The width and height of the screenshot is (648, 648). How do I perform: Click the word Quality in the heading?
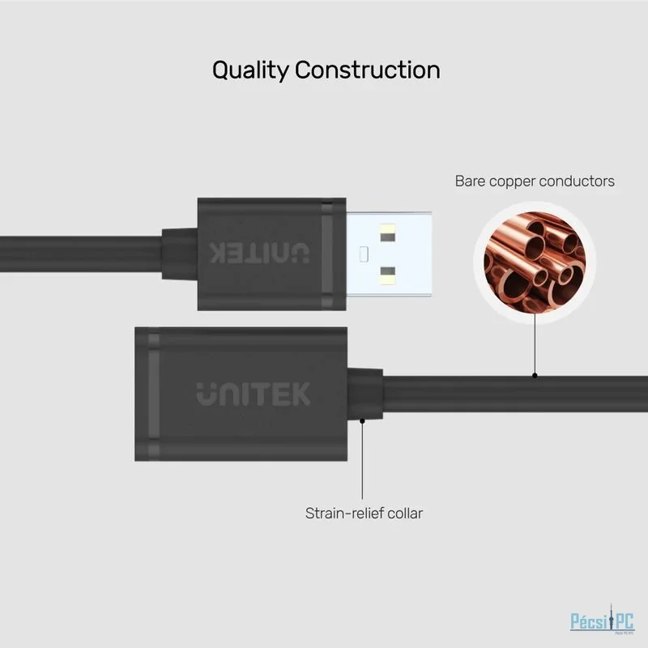click(x=250, y=70)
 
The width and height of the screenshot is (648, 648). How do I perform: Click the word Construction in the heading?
click(x=368, y=70)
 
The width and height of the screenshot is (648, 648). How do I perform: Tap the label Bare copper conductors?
click(x=535, y=181)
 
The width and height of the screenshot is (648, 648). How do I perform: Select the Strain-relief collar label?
click(x=364, y=514)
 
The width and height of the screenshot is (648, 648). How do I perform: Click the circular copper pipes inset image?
click(x=535, y=262)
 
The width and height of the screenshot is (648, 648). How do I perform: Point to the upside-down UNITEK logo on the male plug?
click(x=259, y=253)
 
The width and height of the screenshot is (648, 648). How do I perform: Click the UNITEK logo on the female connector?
click(x=254, y=394)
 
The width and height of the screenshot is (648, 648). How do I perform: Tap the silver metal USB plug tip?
click(x=389, y=254)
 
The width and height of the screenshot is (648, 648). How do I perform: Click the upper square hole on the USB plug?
click(x=388, y=233)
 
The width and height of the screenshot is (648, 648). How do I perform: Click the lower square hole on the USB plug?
click(x=388, y=275)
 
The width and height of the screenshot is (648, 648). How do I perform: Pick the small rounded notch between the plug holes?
click(x=364, y=254)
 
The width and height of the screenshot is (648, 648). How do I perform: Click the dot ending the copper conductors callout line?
click(x=535, y=376)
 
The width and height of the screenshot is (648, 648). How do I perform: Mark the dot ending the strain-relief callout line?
click(x=362, y=420)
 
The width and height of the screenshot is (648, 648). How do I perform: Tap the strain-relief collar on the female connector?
click(x=365, y=394)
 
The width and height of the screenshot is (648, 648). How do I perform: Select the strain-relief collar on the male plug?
click(x=179, y=254)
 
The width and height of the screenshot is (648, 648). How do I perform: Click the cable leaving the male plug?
click(x=81, y=254)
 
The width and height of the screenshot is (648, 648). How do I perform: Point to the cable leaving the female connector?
click(x=515, y=394)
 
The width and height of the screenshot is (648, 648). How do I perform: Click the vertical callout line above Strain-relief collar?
click(x=362, y=460)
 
